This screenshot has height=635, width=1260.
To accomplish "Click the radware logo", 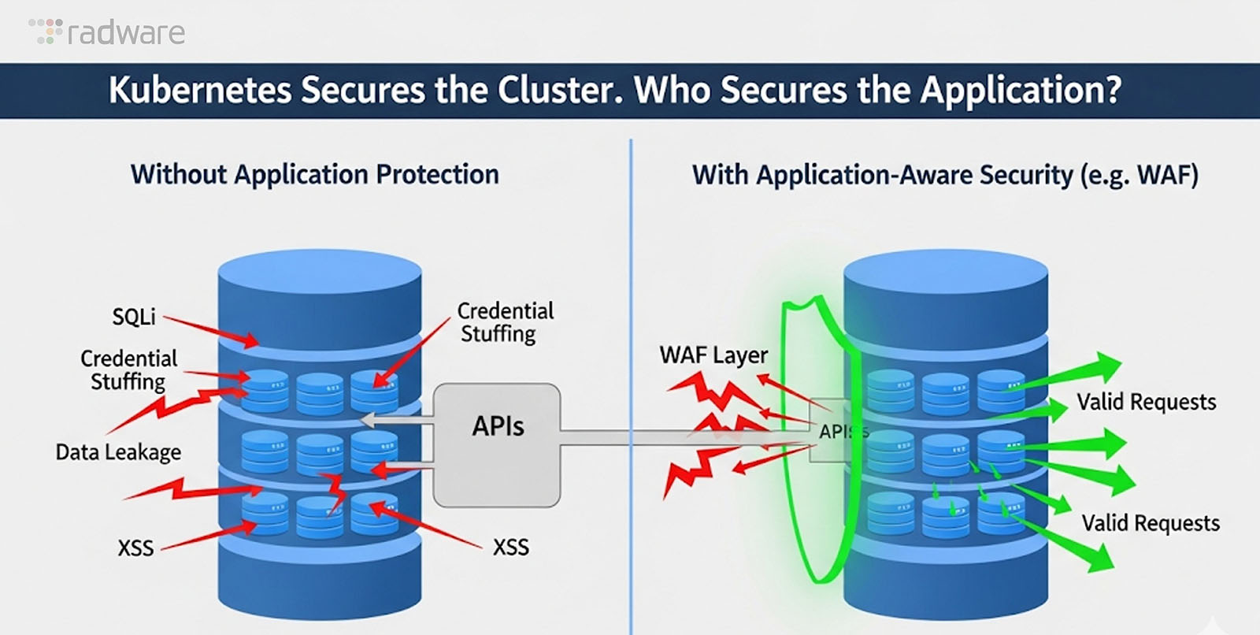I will click(107, 32).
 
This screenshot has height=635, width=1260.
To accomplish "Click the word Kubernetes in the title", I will click(200, 90).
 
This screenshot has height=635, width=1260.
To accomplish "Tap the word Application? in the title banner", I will click(1021, 90).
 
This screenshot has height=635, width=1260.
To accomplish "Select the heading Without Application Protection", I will click(314, 174).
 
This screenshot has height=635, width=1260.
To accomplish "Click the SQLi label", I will click(134, 317).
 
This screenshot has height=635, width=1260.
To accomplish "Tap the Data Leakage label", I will click(118, 452).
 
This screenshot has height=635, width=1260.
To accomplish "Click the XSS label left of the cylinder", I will click(135, 548).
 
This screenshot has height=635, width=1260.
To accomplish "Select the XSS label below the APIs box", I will click(510, 547).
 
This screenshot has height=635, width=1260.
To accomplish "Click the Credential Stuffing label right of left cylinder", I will click(504, 322).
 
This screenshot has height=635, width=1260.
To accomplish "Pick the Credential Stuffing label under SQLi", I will click(128, 370).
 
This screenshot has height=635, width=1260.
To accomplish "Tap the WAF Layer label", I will click(713, 355).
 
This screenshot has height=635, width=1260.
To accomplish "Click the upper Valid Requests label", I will click(1146, 403).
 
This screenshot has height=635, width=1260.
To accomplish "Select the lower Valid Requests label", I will click(1150, 523).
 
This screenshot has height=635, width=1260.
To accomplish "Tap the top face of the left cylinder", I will click(319, 272).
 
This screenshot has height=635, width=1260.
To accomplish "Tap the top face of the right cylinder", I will click(945, 272).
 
